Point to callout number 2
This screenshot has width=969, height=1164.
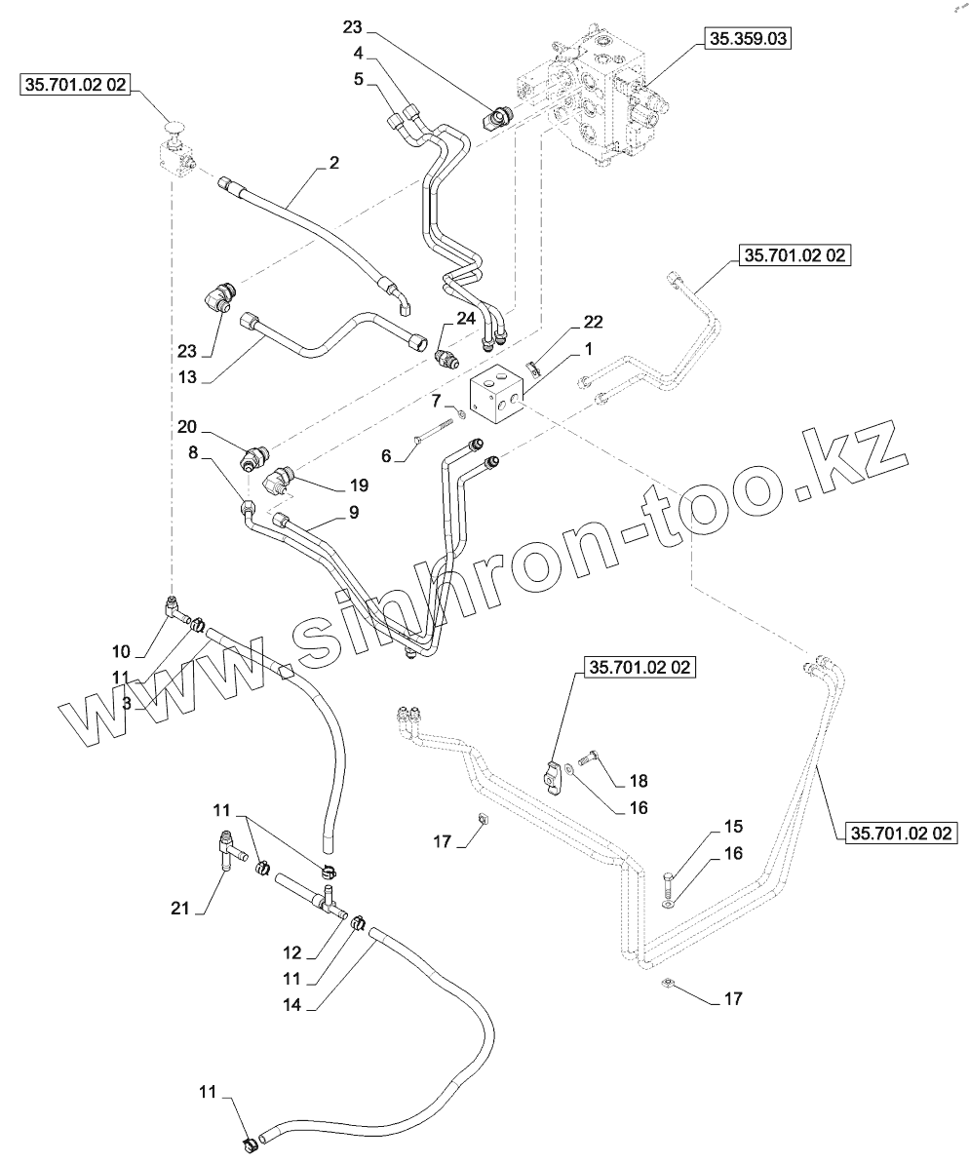pos(333,163)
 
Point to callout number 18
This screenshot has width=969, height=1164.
pos(638,781)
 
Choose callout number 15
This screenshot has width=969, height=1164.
pos(732,827)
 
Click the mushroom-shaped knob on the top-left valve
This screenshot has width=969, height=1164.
pos(175,126)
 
